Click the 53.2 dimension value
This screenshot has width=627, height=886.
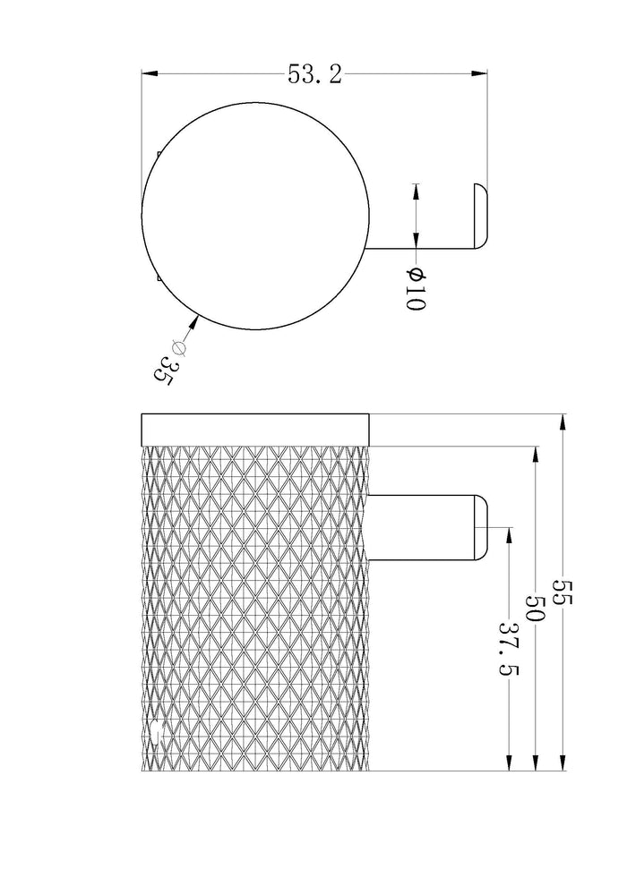click(x=315, y=74)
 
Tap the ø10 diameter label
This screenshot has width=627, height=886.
click(x=415, y=289)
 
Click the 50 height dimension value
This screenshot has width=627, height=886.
click(x=534, y=607)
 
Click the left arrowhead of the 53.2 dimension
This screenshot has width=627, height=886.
click(x=149, y=73)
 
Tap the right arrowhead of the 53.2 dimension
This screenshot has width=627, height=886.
click(x=479, y=73)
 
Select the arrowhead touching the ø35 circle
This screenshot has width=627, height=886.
click(x=194, y=323)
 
